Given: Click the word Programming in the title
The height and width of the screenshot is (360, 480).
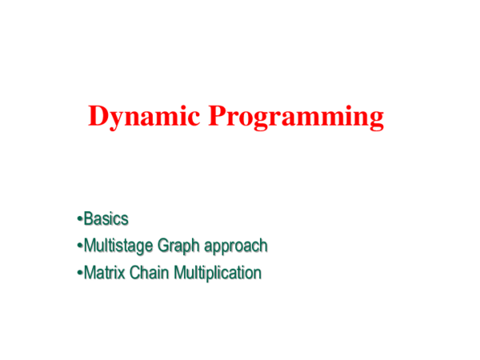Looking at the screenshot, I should click(x=297, y=118).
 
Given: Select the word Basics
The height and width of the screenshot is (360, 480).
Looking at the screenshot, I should click(x=106, y=218).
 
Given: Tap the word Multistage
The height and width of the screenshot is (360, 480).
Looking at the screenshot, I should click(x=119, y=246).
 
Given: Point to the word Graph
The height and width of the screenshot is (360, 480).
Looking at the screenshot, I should click(x=183, y=246).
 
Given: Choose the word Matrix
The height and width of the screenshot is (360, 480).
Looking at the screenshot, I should click(x=103, y=273).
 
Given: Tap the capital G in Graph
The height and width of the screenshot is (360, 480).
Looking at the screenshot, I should click(x=166, y=246).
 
